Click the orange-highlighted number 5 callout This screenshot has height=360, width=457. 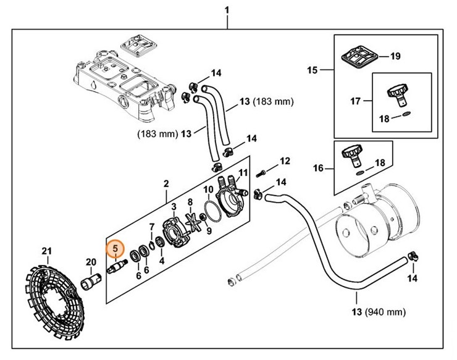point(115,249)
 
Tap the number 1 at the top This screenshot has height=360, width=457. point(227,10)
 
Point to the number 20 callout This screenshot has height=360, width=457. point(91,262)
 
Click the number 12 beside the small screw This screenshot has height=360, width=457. point(284,161)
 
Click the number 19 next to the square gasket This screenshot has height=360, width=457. point(395,56)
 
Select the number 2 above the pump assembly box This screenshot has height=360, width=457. point(166,184)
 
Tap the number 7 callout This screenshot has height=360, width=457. point(151,227)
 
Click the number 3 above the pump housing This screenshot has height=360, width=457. point(174,206)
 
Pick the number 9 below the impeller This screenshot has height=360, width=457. point(209,231)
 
